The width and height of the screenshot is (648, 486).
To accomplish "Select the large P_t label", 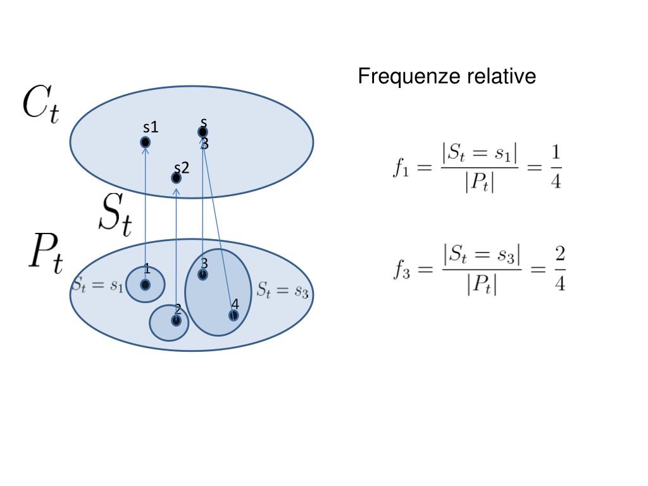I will (45, 254).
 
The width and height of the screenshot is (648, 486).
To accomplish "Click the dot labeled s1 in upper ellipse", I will (145, 142).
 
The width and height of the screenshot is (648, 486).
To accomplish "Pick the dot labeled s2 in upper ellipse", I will (177, 178).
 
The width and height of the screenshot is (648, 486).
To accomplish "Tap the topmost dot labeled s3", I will (202, 132).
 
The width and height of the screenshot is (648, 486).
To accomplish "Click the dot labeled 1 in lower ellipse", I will (145, 285).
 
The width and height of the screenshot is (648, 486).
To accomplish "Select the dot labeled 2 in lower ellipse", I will (176, 320).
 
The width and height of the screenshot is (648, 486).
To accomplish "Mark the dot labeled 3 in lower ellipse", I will (202, 275).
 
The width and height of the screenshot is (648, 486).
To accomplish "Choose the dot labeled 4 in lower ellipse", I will (234, 315).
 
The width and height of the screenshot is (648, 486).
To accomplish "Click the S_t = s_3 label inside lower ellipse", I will (282, 290).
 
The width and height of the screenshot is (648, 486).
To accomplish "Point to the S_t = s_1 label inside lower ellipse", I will (97, 285).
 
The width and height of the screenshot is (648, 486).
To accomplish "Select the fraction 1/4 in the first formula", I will (555, 167).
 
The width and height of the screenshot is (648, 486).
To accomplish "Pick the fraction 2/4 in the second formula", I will (559, 269).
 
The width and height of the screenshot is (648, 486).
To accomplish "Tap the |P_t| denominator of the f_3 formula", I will (482, 285).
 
